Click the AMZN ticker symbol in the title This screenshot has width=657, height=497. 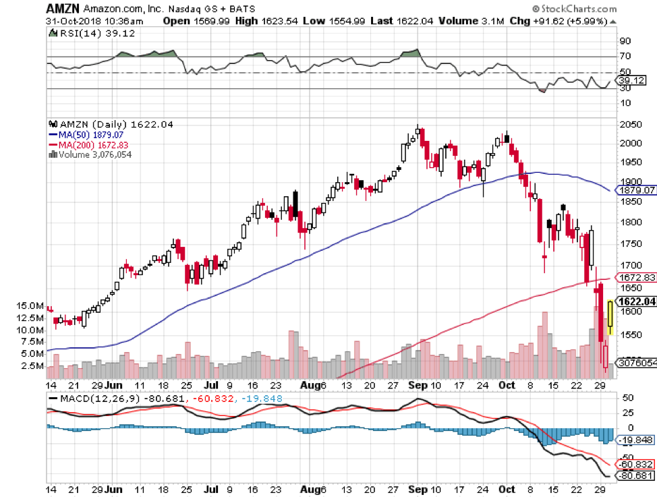point(63,9)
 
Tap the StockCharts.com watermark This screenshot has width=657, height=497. point(577,9)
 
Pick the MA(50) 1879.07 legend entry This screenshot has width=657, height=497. point(89,135)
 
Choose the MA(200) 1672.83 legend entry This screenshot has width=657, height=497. point(90,144)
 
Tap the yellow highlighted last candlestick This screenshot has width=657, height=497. point(610,318)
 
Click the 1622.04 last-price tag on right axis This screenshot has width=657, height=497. point(638,301)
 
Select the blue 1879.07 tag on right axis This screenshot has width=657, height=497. point(637,190)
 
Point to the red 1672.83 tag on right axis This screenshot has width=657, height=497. point(637,277)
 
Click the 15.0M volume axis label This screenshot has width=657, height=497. point(32,305)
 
